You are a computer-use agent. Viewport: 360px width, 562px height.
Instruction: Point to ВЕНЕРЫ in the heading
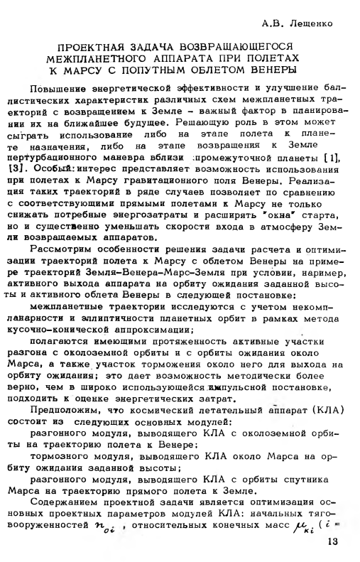coord(263,70)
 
